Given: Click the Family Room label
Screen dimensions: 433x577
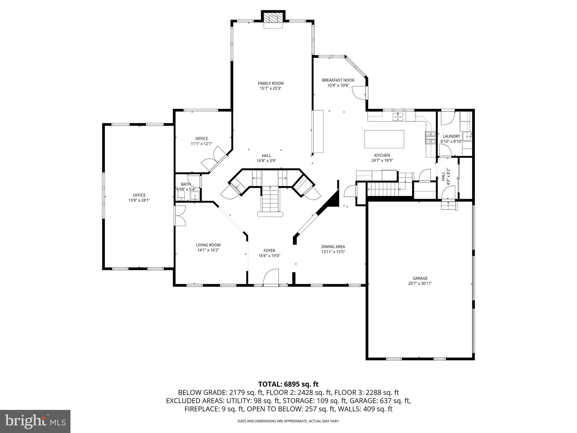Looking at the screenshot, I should [x=270, y=83].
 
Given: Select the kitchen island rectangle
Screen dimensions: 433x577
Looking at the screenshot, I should [x=384, y=139].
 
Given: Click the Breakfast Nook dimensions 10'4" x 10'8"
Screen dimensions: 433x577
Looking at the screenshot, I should [x=338, y=85].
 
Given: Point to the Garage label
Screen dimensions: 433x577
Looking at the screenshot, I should [x=420, y=278].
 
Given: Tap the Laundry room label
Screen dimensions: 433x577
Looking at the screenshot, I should [x=451, y=136].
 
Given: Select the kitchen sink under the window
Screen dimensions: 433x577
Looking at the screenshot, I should [x=398, y=116].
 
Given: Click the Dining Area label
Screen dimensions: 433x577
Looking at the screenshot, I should [x=333, y=247].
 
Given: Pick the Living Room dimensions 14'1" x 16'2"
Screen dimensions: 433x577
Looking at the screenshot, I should [x=208, y=250].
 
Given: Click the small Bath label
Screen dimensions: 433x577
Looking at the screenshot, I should [x=186, y=184].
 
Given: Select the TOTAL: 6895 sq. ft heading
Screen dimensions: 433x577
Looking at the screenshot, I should [x=288, y=384].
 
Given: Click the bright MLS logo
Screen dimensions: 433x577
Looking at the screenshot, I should [x=35, y=421].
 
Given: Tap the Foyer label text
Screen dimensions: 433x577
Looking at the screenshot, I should [x=269, y=251].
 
